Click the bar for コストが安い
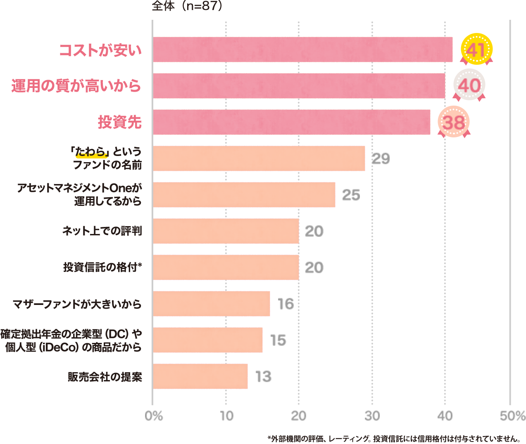coord(302,50)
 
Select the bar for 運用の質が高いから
coord(299,86)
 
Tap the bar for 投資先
coord(291,122)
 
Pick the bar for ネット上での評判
coord(226,231)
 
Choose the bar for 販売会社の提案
coord(200,376)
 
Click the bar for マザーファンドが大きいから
coord(212,304)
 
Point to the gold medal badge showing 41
coord(476,50)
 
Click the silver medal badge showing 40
coord(469,86)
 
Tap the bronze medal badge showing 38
coord(454,122)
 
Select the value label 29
coord(381,159)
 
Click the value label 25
coord(351,195)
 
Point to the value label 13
coord(264,376)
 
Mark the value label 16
coord(286,304)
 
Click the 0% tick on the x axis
coord(154,416)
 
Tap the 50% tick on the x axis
coord(512,416)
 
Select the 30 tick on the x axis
coord(372,416)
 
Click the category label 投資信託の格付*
coord(102,267)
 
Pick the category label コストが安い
coord(100,50)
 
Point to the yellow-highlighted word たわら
coord(91,152)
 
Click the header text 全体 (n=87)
coord(187,6)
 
